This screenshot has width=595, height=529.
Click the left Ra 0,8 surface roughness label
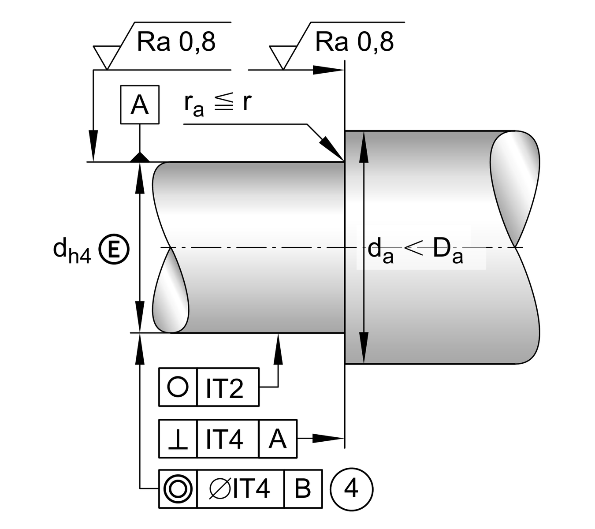(x=176, y=42)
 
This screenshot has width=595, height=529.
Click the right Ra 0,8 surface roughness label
(x=354, y=42)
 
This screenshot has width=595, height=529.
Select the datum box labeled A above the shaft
(x=140, y=105)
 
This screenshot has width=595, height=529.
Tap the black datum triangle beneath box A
(x=140, y=157)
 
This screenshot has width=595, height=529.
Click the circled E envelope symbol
(x=113, y=250)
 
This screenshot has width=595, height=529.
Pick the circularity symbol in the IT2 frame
(x=178, y=387)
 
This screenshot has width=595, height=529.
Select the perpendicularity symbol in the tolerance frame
(x=178, y=440)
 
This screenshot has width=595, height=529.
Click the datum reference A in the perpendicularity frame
(x=277, y=440)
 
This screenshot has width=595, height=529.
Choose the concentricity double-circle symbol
(x=178, y=489)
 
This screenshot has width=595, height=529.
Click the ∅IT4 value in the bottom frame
(x=240, y=489)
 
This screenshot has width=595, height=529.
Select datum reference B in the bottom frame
(x=303, y=489)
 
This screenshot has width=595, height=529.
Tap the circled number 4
(x=351, y=489)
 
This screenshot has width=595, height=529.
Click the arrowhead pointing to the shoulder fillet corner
(x=332, y=148)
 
